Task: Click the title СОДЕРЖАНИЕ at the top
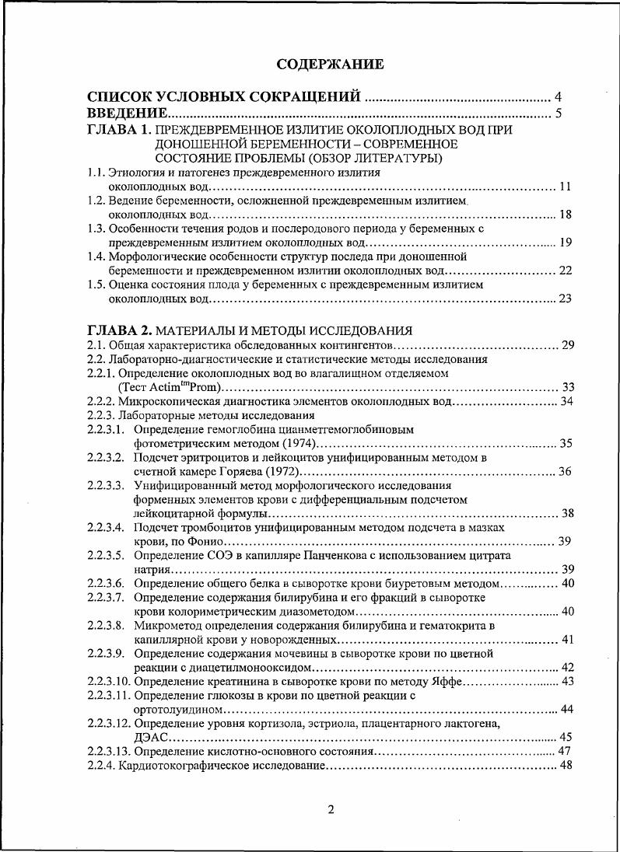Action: click(x=331, y=64)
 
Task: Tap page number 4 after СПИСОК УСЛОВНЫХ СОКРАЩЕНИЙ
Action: click(x=558, y=97)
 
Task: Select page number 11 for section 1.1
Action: click(x=565, y=187)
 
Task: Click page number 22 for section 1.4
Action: click(x=565, y=270)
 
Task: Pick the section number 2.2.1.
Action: click(x=100, y=373)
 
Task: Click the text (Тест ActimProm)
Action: click(x=170, y=387)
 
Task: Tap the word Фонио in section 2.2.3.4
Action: click(x=205, y=541)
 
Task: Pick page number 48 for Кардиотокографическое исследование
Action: click(x=566, y=766)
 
